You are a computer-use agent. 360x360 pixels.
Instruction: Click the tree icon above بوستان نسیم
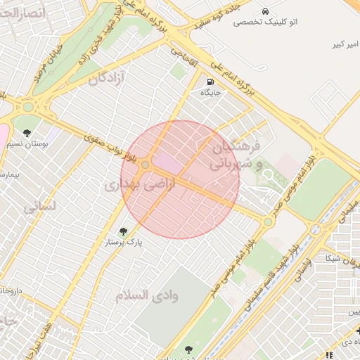tap(27, 133)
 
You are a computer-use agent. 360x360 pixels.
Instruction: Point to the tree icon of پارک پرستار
tap(124, 231)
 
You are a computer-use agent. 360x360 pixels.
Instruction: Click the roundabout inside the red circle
tap(145, 165)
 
